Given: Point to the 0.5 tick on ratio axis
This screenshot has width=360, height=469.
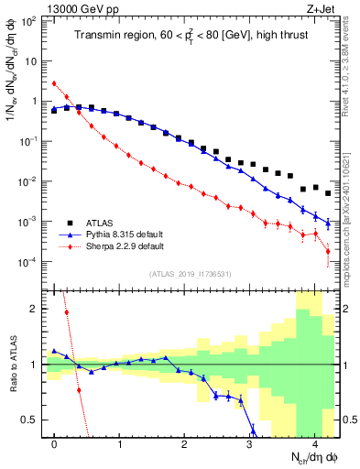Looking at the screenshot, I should click(x=33, y=420).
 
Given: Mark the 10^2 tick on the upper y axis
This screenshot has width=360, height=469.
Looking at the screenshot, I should click(x=30, y=21).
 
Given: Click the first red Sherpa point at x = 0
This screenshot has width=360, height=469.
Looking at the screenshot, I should click(x=55, y=83).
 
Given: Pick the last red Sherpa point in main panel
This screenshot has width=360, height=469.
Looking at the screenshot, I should click(x=328, y=264).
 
